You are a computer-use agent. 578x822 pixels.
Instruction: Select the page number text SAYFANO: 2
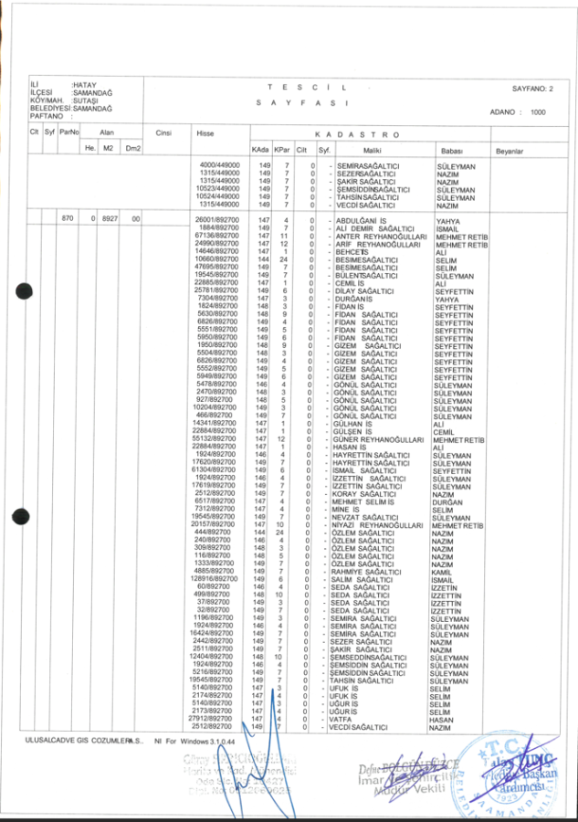pos(532,88)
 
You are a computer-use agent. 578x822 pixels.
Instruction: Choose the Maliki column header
pos(372,149)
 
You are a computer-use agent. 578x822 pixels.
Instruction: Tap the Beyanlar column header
pos(509,149)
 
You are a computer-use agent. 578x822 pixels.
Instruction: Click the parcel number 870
pos(67,220)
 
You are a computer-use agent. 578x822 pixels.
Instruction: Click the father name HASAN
pos(440,720)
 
